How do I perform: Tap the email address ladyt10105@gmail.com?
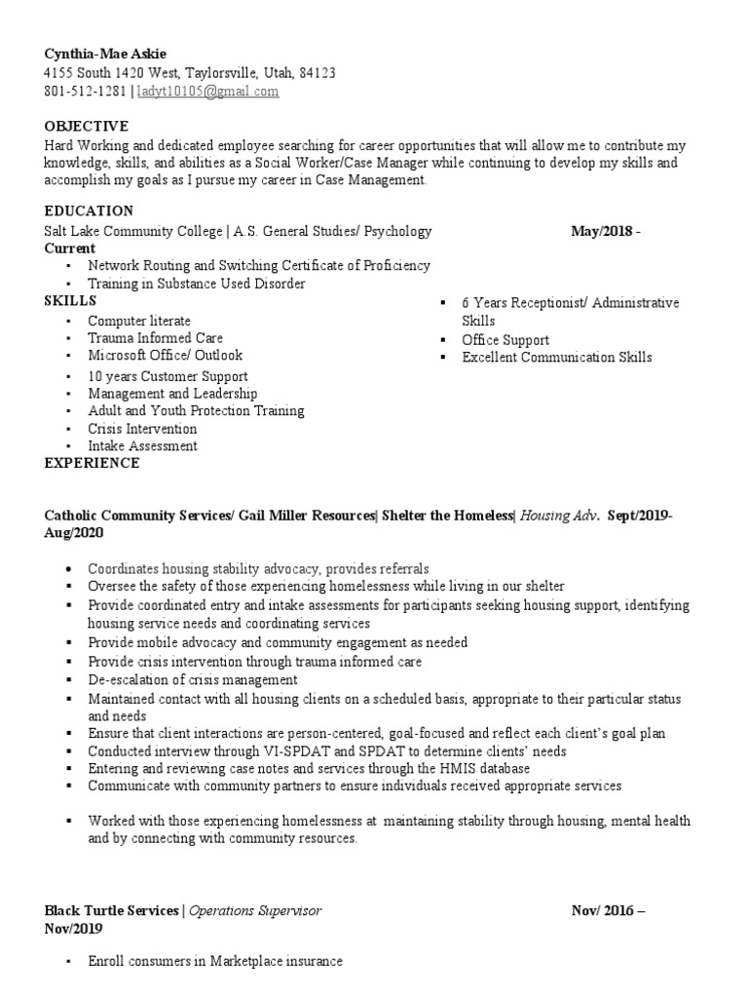tap(207, 91)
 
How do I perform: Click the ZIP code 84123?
tap(317, 72)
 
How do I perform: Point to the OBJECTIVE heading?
tap(86, 126)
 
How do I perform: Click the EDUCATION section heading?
tap(89, 211)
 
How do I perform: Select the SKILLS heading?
tap(70, 301)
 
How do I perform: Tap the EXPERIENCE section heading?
tap(92, 463)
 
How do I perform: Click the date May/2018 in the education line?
tap(599, 231)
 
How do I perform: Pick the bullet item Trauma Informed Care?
tap(155, 338)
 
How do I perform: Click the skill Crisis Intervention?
tap(142, 429)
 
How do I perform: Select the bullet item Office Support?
tap(505, 340)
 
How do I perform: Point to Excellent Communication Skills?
tap(556, 358)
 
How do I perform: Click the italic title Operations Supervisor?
tap(255, 910)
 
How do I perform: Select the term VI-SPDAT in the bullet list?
tap(258, 751)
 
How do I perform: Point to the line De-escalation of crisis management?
tap(192, 679)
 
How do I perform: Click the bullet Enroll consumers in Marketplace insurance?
tap(214, 961)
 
